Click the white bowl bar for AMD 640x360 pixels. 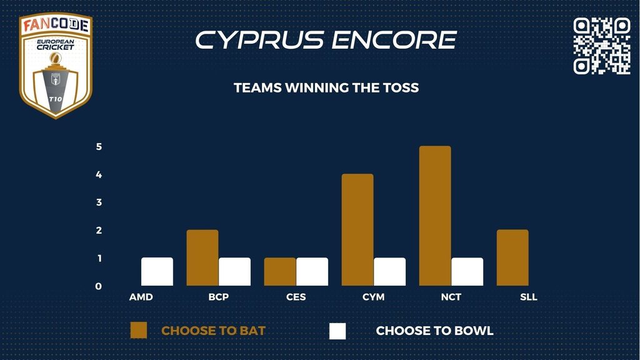pos(157,271)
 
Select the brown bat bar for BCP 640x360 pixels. pos(202,257)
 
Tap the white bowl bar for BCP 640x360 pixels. pos(235,271)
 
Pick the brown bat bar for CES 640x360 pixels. pos(280,271)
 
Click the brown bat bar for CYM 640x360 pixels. pos(357,230)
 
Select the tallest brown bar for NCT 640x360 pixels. pos(435,216)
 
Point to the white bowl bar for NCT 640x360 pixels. pos(467,271)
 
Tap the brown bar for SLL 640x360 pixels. pos(512,257)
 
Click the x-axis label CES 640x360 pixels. pos(296,297)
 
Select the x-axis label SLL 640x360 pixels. pos(529,297)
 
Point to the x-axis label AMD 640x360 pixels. pos(141,297)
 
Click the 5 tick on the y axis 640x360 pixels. pos(99,146)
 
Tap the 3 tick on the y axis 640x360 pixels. pos(99,202)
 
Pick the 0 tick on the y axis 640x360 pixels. pos(98,286)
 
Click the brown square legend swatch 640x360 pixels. pos(138,331)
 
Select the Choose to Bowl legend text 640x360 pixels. pos(435,331)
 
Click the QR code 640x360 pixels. pos(602,46)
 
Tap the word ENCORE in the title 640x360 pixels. pos(394,40)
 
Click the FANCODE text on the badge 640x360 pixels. pos(56,25)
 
